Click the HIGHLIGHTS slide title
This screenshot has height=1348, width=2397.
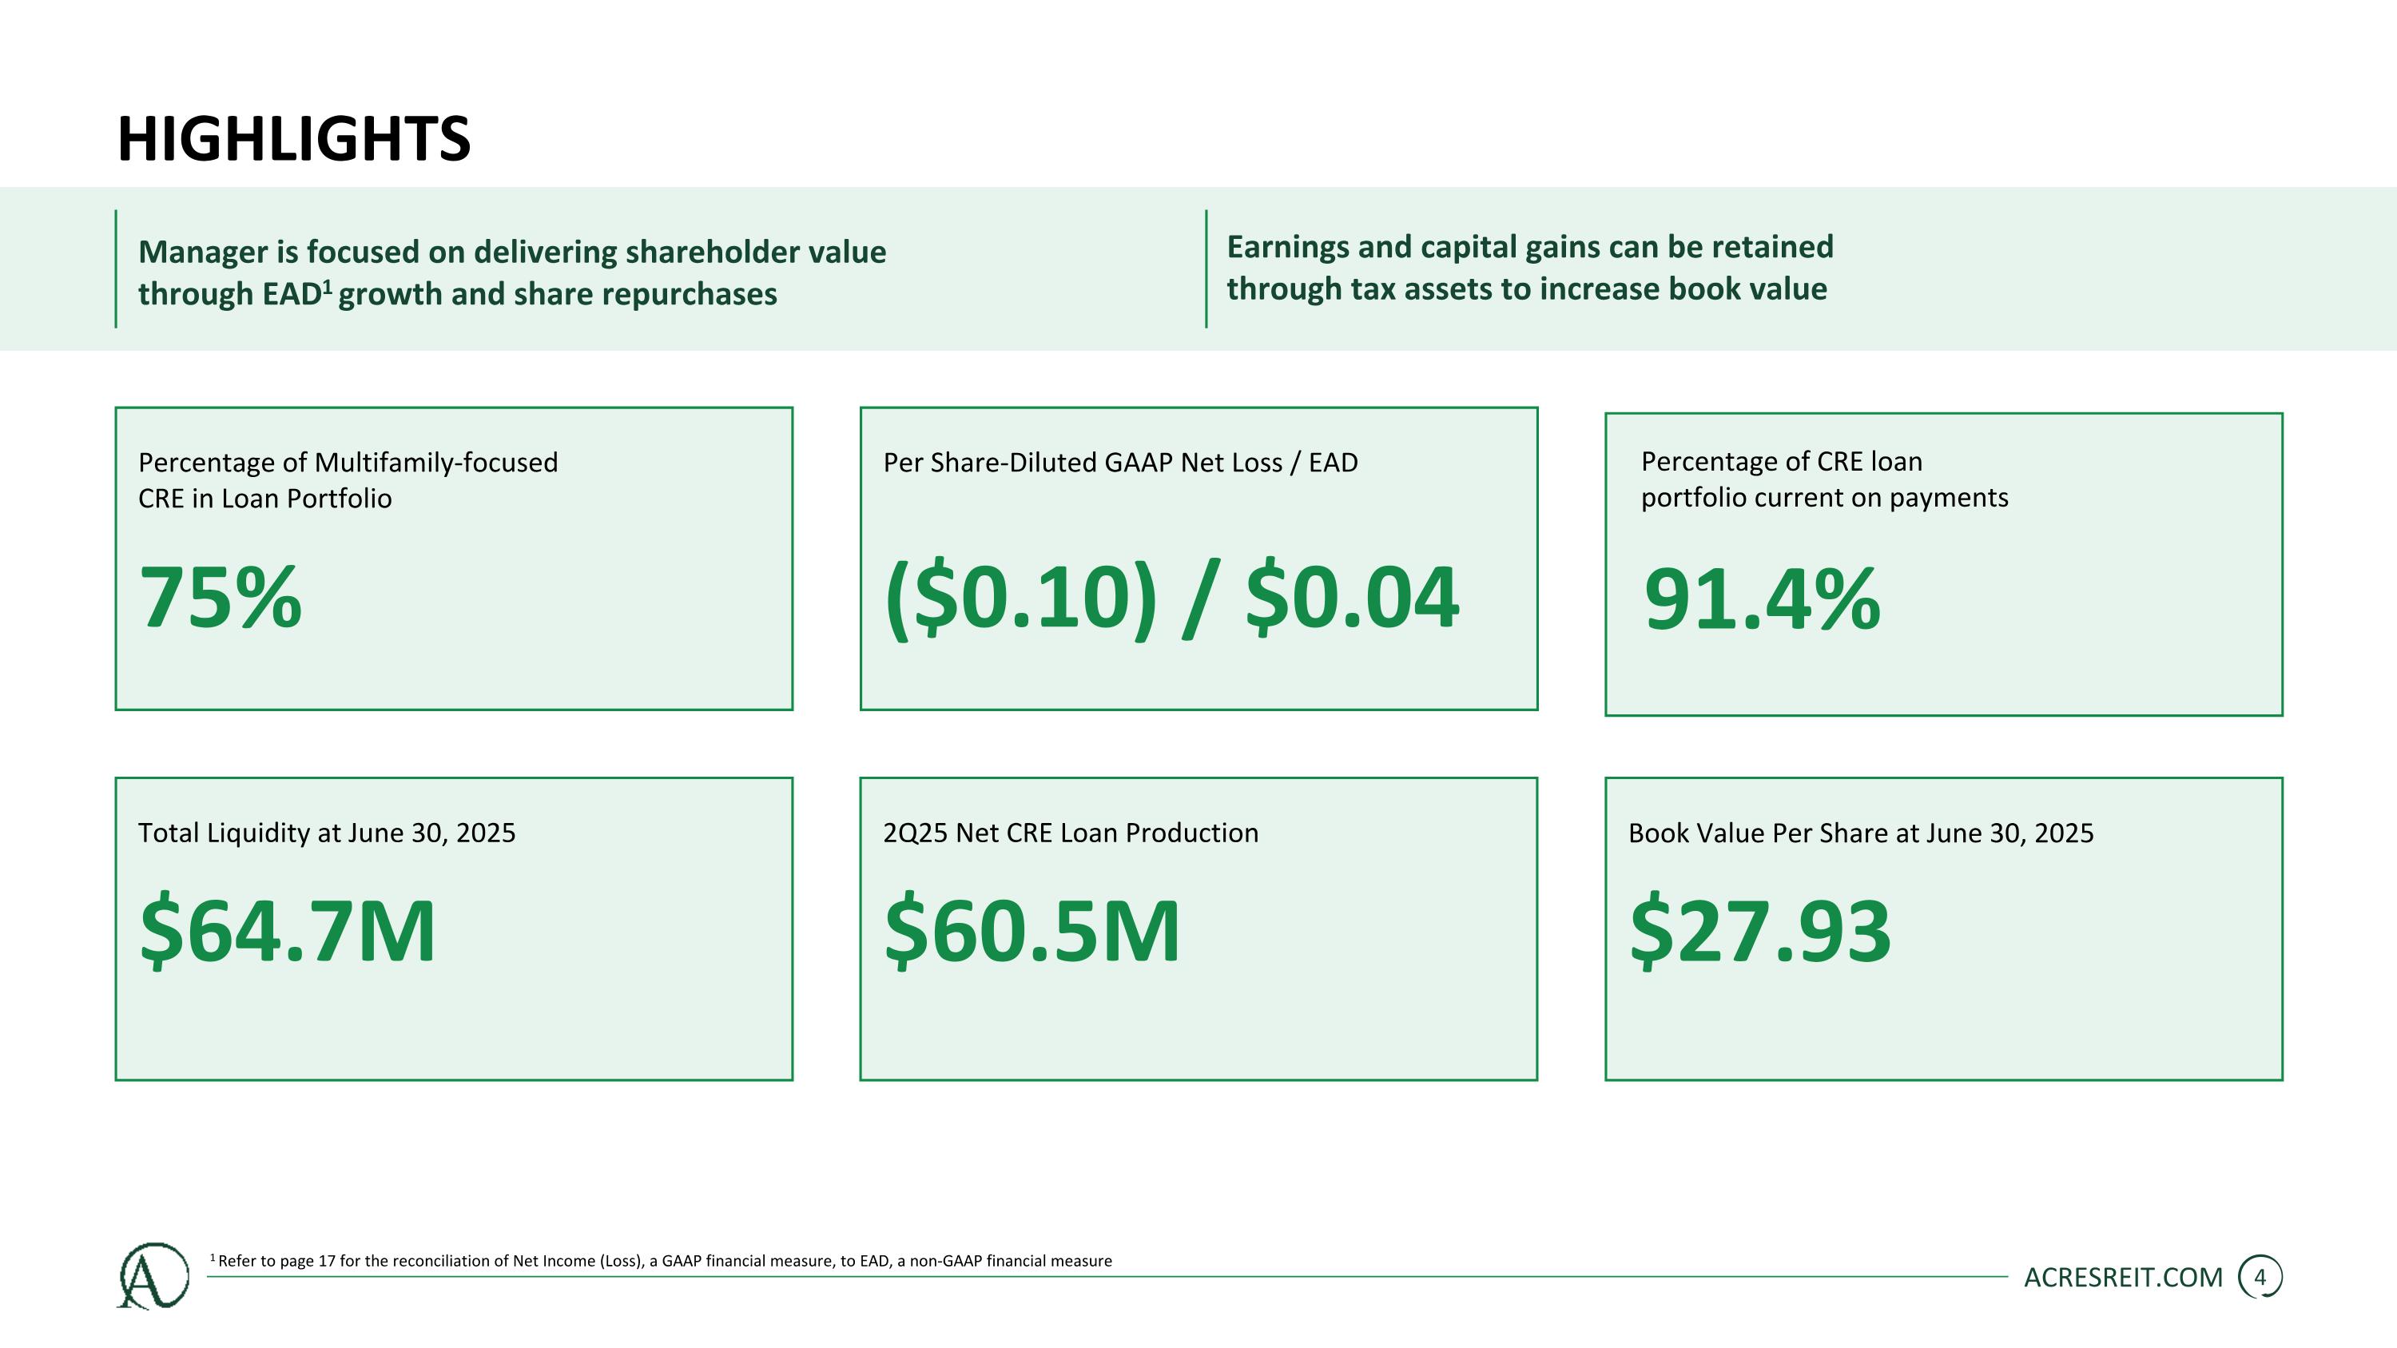(294, 140)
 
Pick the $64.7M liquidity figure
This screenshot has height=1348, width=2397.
(288, 930)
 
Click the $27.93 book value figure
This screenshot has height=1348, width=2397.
(1759, 930)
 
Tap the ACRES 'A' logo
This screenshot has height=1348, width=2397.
(153, 1275)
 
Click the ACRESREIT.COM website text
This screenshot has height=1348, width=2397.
(2122, 1278)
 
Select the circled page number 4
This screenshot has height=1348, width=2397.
(2260, 1278)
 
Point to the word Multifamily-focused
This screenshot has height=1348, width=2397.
(436, 463)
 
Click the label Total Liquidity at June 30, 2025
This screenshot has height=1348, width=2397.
(327, 833)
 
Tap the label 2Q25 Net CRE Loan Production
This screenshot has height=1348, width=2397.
(1070, 833)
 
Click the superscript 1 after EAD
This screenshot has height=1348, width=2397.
(328, 287)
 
